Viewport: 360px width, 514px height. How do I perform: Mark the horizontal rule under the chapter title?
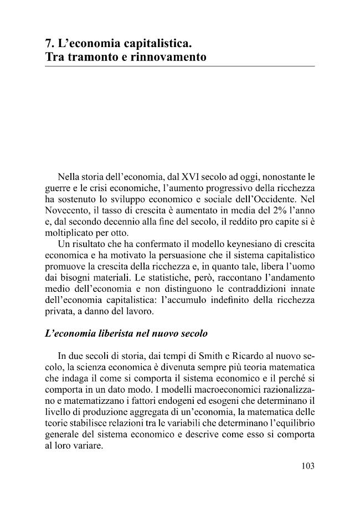(179, 66)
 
